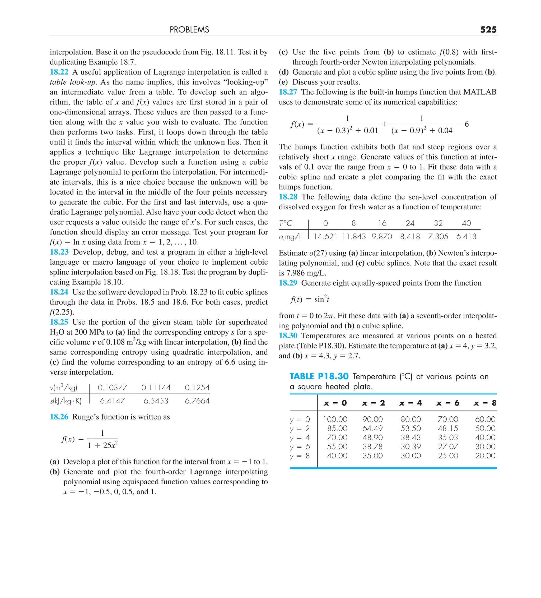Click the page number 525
coord(488,30)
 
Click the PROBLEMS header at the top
coord(189,30)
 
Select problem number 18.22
coord(59,72)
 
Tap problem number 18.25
coord(59,322)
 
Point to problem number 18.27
coord(288,92)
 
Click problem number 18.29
coord(288,283)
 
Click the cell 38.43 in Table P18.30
coord(411,438)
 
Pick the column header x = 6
coord(448,403)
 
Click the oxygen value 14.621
coord(325,237)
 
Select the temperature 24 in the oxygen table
coord(410,223)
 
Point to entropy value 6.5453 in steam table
coord(156,401)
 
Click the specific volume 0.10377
coord(112,388)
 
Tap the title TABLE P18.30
coord(319,376)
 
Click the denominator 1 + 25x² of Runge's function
coord(102,445)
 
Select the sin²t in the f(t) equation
coord(322,299)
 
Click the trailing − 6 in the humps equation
coord(463,124)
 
